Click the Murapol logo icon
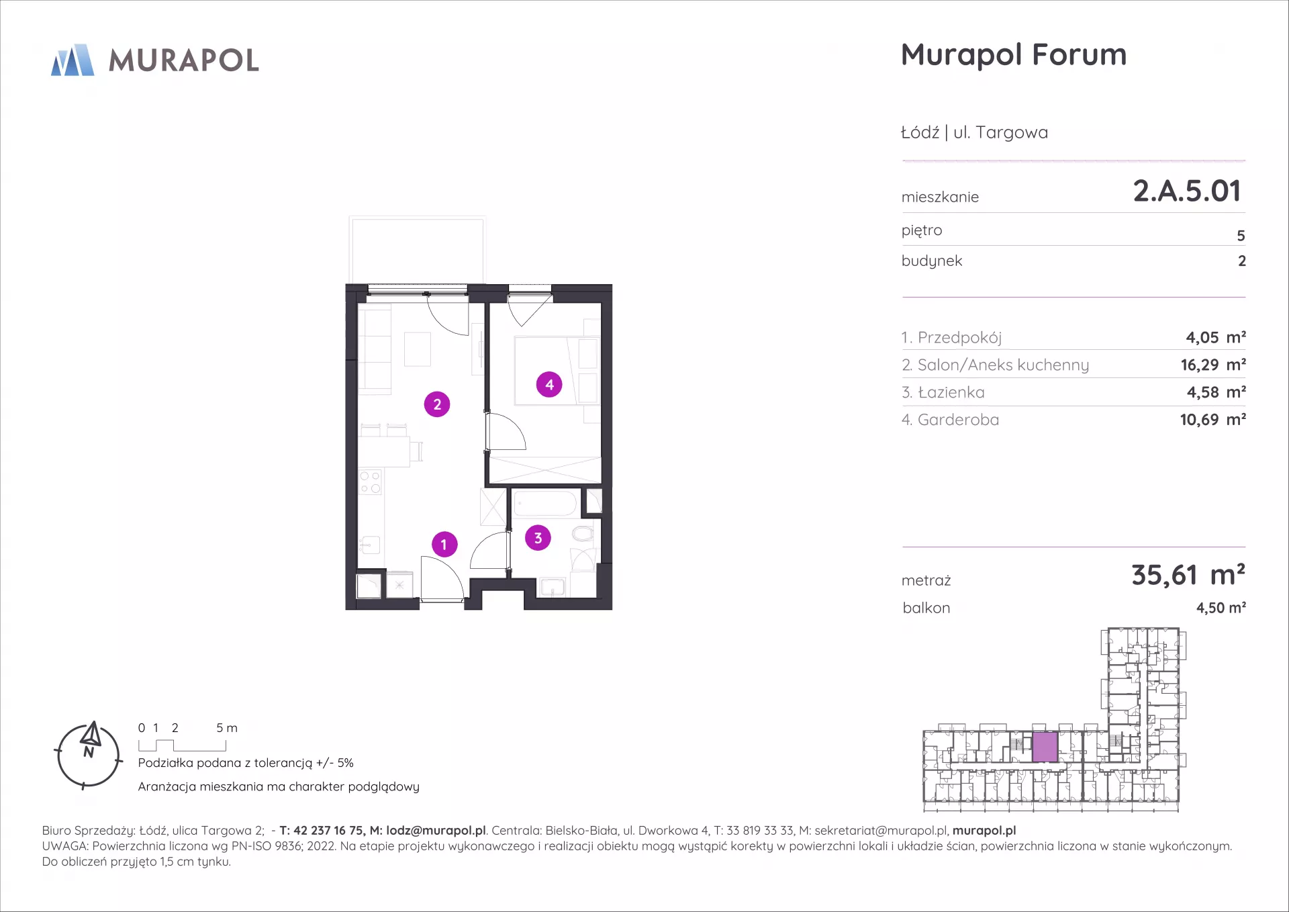pyautogui.click(x=73, y=60)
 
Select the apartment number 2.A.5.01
pyautogui.click(x=1187, y=191)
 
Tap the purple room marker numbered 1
pyautogui.click(x=444, y=544)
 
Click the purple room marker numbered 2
pyautogui.click(x=437, y=404)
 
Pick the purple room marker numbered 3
pyautogui.click(x=538, y=538)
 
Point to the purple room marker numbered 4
pyautogui.click(x=549, y=385)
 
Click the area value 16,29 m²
pyautogui.click(x=1213, y=365)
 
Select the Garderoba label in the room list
pyautogui.click(x=958, y=420)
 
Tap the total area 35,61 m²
pyautogui.click(x=1188, y=575)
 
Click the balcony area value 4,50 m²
pyautogui.click(x=1221, y=608)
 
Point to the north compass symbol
pyautogui.click(x=89, y=755)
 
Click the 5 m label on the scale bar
pyautogui.click(x=227, y=728)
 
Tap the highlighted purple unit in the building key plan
pyautogui.click(x=1045, y=747)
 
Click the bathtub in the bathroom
pyautogui.click(x=545, y=504)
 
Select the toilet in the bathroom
pyautogui.click(x=583, y=534)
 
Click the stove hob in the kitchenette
pyautogui.click(x=370, y=482)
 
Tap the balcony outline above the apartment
pyautogui.click(x=416, y=218)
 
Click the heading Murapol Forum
pyautogui.click(x=1014, y=55)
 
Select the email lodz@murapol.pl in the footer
pyautogui.click(x=436, y=831)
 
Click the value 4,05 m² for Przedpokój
pyautogui.click(x=1216, y=337)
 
